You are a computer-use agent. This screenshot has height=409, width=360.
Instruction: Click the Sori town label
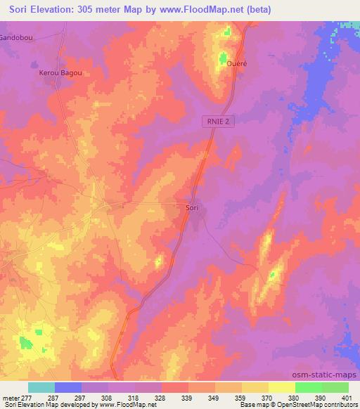tap(192, 209)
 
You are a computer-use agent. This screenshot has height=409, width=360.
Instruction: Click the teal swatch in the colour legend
tap(41, 387)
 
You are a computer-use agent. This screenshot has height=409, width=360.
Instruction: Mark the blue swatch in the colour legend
tap(68, 387)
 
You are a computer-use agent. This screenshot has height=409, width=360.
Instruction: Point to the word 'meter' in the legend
tap(11, 397)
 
